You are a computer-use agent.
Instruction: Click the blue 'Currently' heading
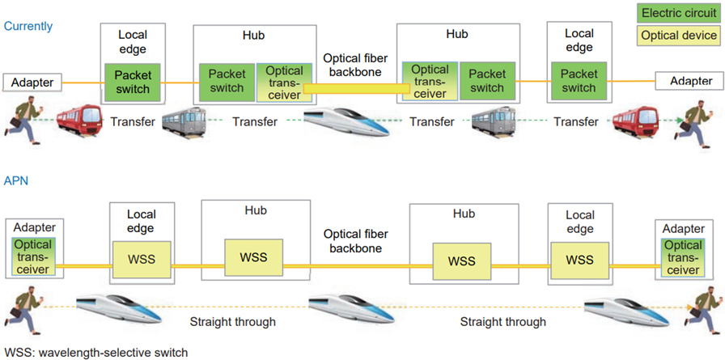click(28, 26)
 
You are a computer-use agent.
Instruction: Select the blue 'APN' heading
click(16, 180)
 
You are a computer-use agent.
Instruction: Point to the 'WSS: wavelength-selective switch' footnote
click(96, 353)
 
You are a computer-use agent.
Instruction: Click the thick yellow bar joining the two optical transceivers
click(357, 88)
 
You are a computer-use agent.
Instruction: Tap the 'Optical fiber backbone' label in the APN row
click(352, 241)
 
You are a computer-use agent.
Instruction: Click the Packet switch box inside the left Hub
click(227, 83)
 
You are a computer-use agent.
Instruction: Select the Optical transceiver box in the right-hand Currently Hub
click(430, 82)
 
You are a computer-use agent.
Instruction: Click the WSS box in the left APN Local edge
click(142, 259)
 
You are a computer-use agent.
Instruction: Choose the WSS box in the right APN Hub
click(462, 261)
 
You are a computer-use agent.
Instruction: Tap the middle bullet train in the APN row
click(351, 308)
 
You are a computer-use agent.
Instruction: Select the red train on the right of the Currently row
click(634, 121)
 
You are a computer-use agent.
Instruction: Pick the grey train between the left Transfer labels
click(184, 121)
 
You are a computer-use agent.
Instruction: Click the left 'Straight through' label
click(232, 321)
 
